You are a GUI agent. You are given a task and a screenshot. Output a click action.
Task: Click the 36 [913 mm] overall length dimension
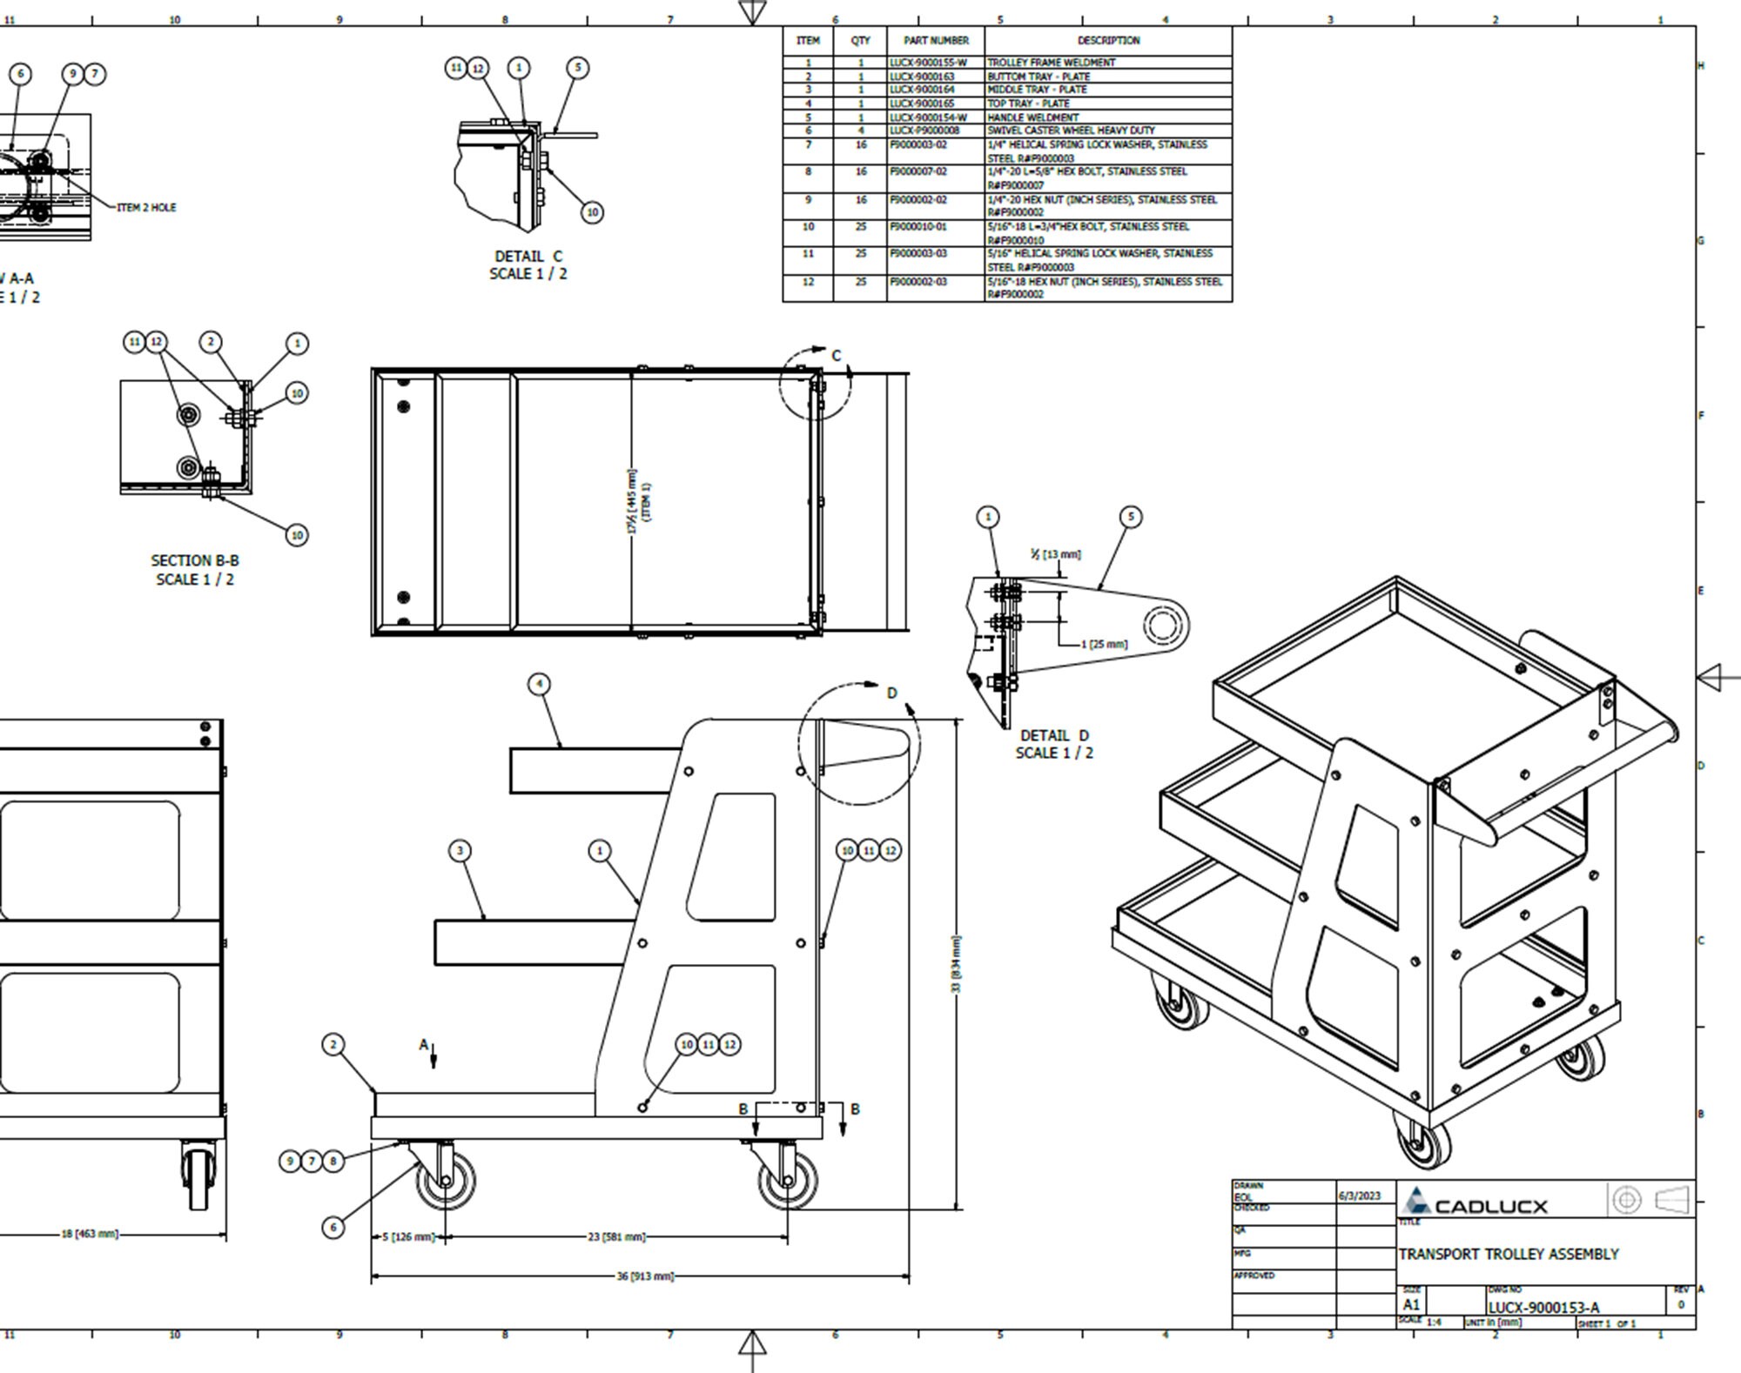(645, 1276)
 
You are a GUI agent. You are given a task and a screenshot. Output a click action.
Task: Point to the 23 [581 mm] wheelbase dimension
(616, 1236)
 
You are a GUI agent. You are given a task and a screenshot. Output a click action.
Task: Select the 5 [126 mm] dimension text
(408, 1236)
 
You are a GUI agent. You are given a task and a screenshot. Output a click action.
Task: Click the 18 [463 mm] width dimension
(90, 1234)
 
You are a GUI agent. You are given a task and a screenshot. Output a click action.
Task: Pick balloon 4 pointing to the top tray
(539, 684)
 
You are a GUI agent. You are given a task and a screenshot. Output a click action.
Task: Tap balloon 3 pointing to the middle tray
(460, 850)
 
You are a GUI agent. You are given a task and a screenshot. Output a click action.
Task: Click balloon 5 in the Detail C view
(577, 68)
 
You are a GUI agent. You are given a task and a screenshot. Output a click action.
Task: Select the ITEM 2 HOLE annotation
(146, 207)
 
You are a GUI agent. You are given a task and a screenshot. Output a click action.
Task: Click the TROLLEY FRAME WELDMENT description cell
(1051, 63)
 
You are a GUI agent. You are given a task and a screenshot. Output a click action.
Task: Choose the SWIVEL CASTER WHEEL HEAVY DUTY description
(1071, 131)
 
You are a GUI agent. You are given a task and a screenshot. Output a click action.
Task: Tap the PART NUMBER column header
(935, 41)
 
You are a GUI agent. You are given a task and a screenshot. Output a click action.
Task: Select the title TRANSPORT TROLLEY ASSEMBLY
(1508, 1254)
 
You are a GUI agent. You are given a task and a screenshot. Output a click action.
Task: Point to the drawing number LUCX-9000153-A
(1543, 1307)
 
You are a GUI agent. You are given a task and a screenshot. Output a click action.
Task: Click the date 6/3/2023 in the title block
(1359, 1196)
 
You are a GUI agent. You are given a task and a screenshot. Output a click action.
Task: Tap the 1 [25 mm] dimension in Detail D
(1104, 645)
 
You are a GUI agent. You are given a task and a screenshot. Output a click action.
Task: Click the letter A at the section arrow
(424, 1044)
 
